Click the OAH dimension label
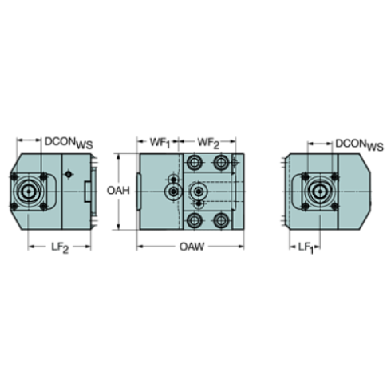pyautogui.click(x=118, y=191)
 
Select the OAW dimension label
pyautogui.click(x=192, y=247)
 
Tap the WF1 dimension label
pyautogui.click(x=160, y=143)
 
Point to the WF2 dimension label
pyautogui.click(x=208, y=143)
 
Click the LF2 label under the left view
pyautogui.click(x=60, y=248)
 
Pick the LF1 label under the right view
pyautogui.click(x=306, y=247)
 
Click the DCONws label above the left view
pyautogui.click(x=69, y=143)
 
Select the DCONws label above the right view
pyautogui.click(x=359, y=144)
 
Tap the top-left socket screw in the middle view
pyautogui.click(x=195, y=162)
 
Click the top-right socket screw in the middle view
pyautogui.click(x=221, y=162)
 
